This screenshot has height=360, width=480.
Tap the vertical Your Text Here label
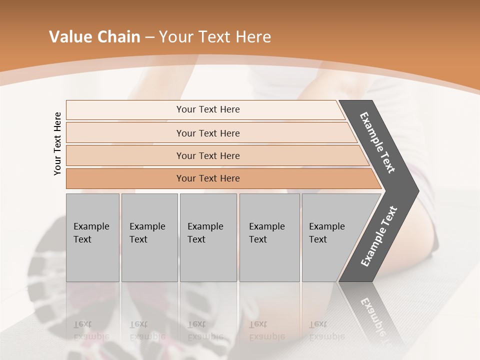click(x=58, y=143)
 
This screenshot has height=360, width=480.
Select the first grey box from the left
click(x=92, y=237)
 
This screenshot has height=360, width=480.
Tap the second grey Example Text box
click(x=149, y=237)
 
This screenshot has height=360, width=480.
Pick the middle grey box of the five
click(x=208, y=237)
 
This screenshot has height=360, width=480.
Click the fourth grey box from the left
click(x=269, y=237)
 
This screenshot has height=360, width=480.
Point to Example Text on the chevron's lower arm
click(x=379, y=236)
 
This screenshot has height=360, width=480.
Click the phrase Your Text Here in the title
click(x=215, y=37)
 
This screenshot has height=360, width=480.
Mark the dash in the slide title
click(x=149, y=37)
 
